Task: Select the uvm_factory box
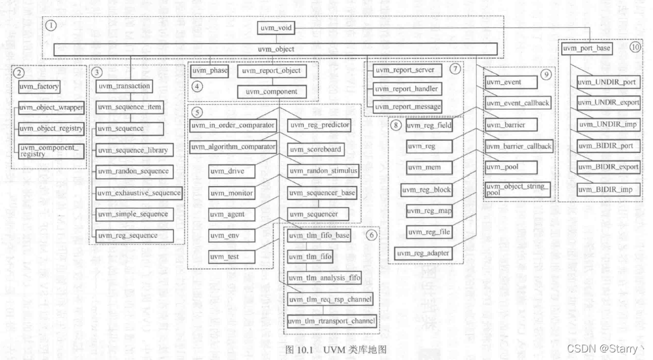[40, 87]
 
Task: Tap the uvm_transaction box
[124, 86]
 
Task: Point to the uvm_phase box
[209, 71]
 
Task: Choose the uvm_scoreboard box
[316, 149]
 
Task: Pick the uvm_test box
[224, 256]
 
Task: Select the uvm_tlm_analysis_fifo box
[324, 279]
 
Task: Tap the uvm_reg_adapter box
[422, 253]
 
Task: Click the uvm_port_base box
[587, 48]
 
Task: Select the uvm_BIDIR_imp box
[605, 190]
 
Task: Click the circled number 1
[52, 26]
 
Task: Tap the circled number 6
[370, 236]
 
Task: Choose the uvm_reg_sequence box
[127, 236]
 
